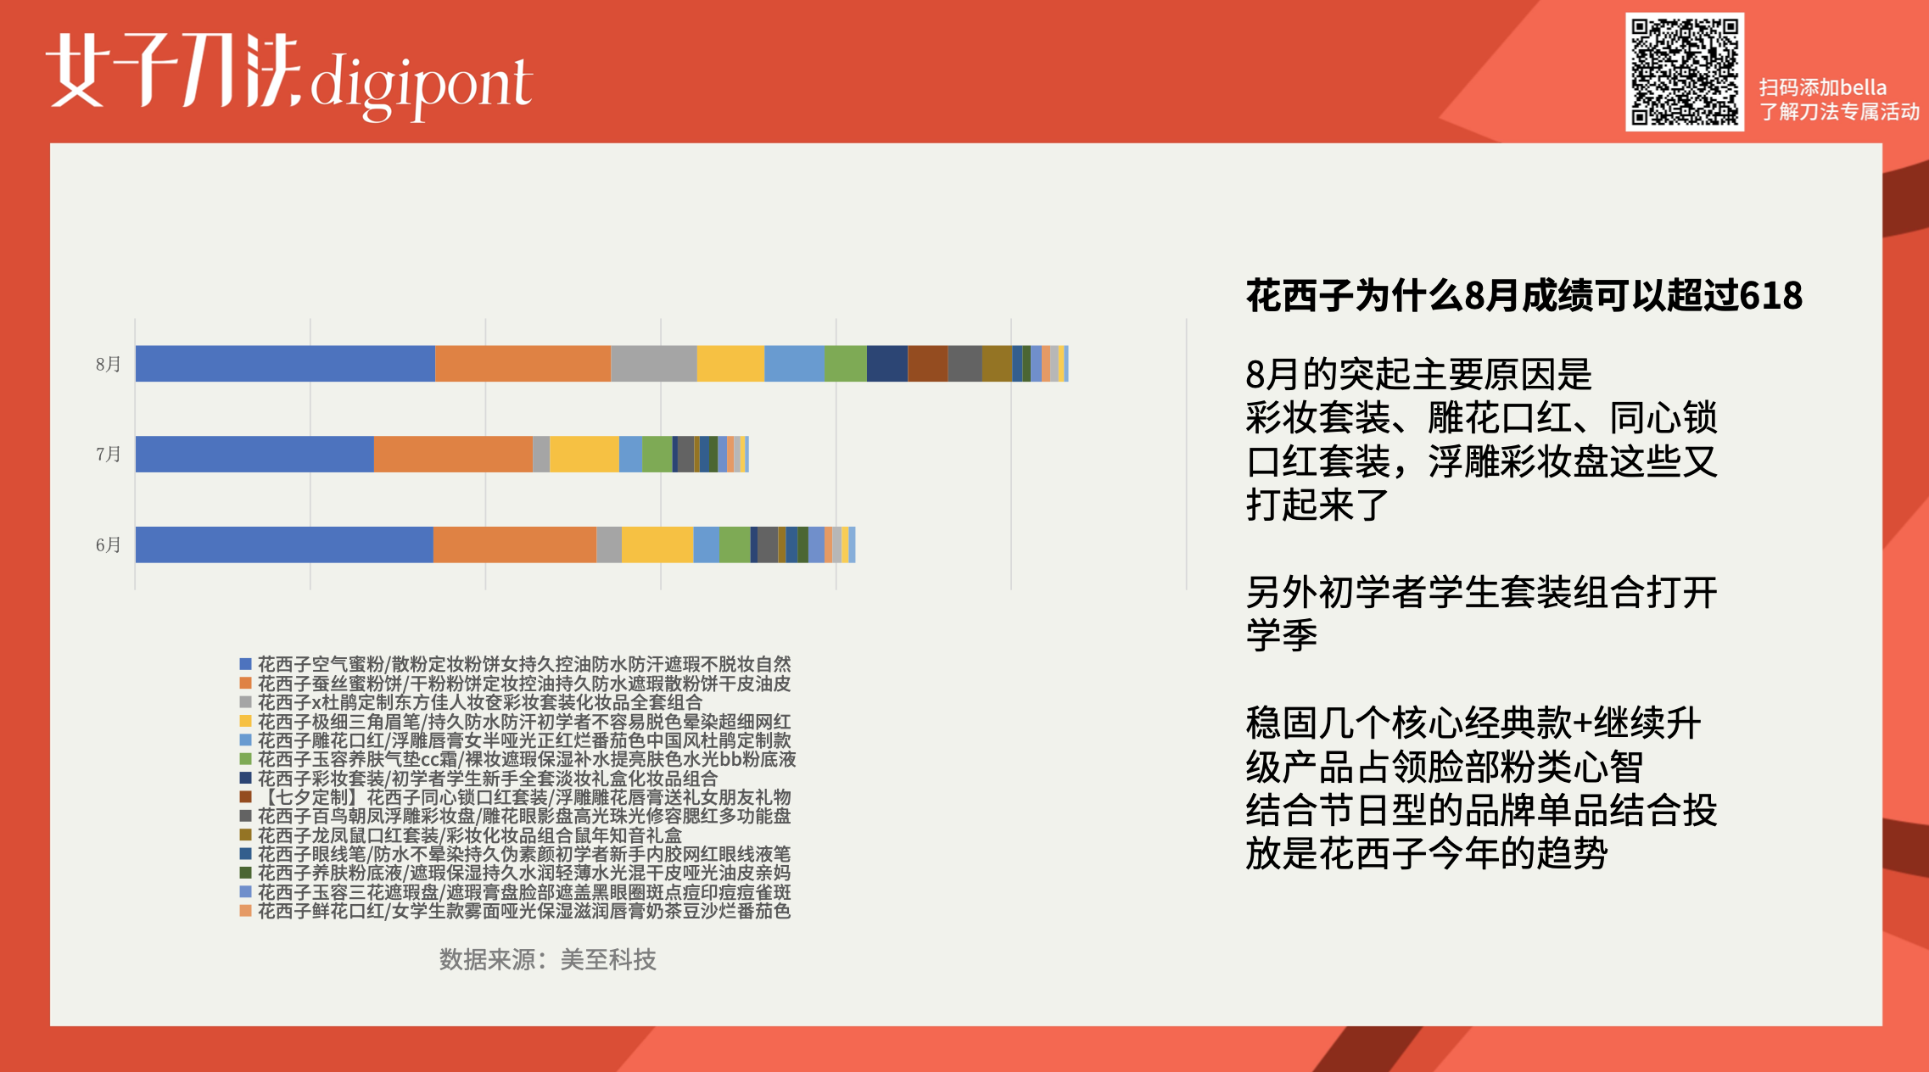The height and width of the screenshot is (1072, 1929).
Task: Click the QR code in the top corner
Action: click(1684, 72)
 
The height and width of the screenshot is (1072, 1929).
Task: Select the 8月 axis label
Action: click(108, 364)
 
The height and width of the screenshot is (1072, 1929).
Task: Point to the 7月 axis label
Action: click(108, 455)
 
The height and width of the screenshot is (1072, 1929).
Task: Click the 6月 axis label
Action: click(108, 544)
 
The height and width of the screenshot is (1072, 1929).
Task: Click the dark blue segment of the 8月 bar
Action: click(886, 364)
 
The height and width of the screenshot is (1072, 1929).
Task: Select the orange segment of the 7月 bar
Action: click(453, 455)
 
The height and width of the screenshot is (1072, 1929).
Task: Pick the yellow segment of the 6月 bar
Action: click(657, 544)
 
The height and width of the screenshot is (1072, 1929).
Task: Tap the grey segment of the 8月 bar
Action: click(653, 364)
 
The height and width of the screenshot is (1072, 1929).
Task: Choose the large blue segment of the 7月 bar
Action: click(254, 455)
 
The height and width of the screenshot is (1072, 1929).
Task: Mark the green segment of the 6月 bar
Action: click(734, 544)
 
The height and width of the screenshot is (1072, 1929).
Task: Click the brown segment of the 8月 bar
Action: click(927, 364)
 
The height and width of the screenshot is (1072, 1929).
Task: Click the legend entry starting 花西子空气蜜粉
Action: click(523, 664)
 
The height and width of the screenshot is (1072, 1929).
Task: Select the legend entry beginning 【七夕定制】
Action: click(523, 797)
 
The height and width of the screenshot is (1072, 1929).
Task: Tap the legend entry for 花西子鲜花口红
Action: click(523, 911)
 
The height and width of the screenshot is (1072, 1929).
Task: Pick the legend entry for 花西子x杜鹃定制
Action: click(479, 702)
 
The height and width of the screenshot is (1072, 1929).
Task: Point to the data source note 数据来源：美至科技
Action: click(547, 959)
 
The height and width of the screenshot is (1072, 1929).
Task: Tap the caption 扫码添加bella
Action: click(1822, 87)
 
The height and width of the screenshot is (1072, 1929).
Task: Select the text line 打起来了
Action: click(1317, 505)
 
